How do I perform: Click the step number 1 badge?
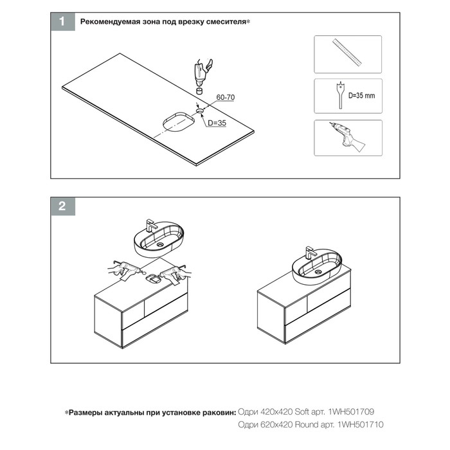coord(63,21)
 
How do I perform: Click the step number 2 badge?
coord(63,206)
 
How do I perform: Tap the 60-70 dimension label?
coord(225,97)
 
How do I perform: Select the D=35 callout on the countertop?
coord(217,123)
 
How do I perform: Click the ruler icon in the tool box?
coord(347,52)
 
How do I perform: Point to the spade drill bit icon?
coord(340,96)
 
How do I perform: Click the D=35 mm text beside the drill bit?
coord(361,96)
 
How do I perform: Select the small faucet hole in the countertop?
coord(200,111)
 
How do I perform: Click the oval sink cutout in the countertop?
coord(179,122)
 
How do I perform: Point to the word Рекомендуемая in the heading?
coord(110,22)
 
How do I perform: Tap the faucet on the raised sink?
coord(150,226)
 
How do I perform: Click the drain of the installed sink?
coord(318,271)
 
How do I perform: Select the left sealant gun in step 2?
coord(125,270)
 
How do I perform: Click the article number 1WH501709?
coord(351,412)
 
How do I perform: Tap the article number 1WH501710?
coord(361,424)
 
